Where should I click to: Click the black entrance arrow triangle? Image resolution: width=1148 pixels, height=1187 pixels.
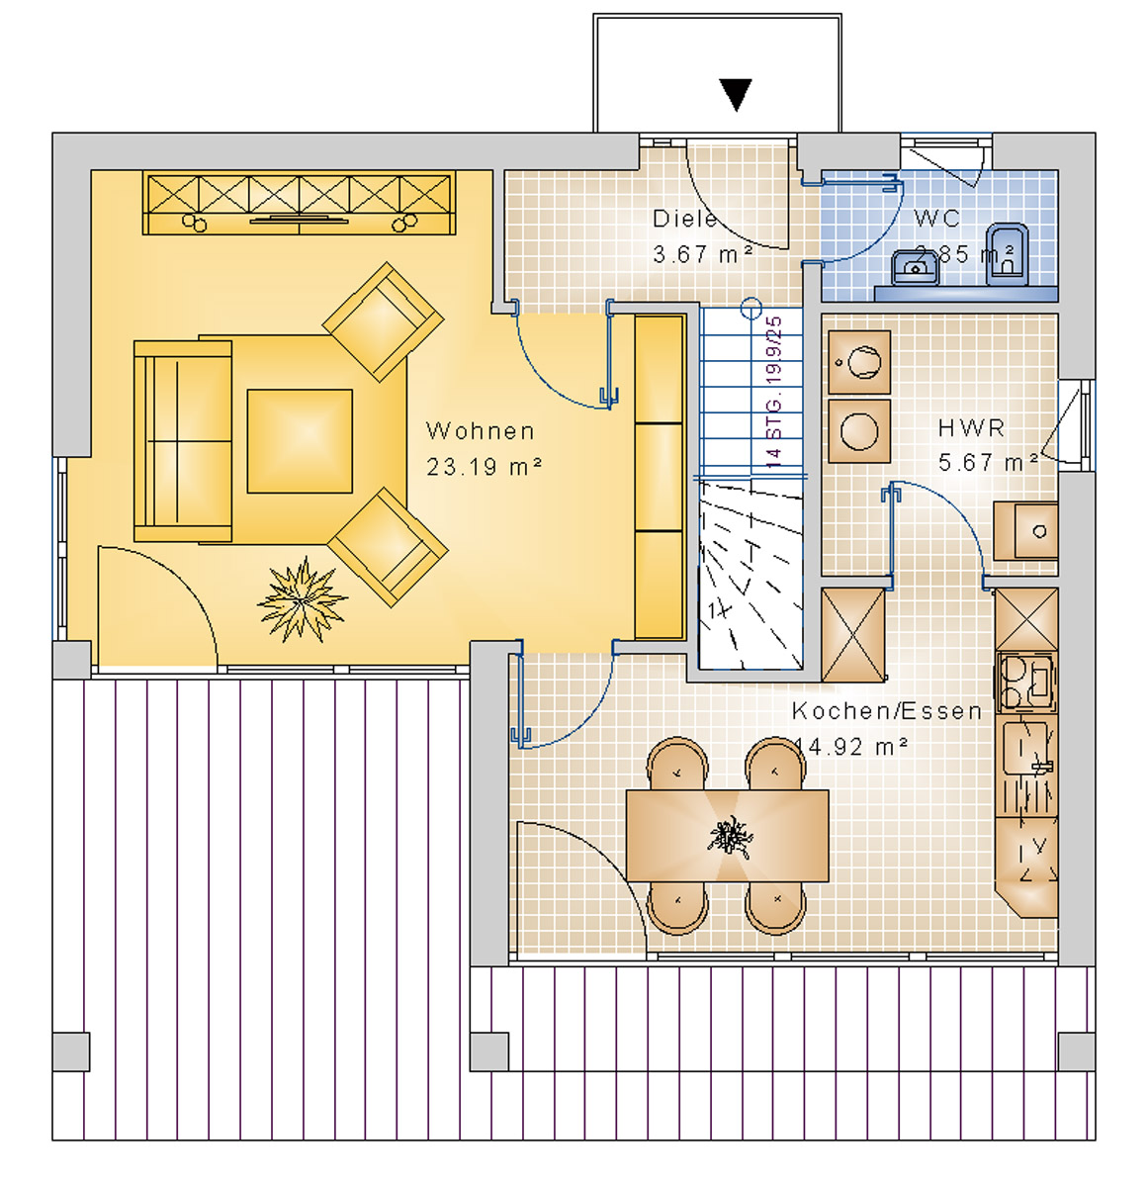[x=736, y=95]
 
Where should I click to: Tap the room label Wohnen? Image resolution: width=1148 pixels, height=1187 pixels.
[x=481, y=431]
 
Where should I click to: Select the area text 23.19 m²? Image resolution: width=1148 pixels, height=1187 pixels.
[x=484, y=466]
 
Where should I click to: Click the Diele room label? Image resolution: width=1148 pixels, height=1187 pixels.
[x=684, y=220]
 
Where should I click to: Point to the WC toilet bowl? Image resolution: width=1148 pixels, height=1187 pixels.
[x=1008, y=254]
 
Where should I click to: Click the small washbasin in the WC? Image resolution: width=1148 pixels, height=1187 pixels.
[x=917, y=267]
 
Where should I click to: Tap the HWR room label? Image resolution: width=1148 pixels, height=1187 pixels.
[x=971, y=428]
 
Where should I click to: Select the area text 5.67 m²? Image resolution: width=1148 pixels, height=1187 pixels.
[x=988, y=462]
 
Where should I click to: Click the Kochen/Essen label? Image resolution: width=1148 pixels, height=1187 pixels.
[x=887, y=711]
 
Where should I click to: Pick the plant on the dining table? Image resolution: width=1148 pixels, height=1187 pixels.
[x=730, y=837]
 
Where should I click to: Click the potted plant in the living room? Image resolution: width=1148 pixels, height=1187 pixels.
[x=303, y=599]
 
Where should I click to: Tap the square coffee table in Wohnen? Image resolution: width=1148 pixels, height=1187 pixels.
[x=300, y=441]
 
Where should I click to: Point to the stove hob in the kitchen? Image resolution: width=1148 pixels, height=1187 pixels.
[x=1025, y=682]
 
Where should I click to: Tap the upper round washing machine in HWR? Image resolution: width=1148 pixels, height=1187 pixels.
[x=859, y=361]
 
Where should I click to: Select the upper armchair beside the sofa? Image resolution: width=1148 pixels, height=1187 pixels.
[x=383, y=320]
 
